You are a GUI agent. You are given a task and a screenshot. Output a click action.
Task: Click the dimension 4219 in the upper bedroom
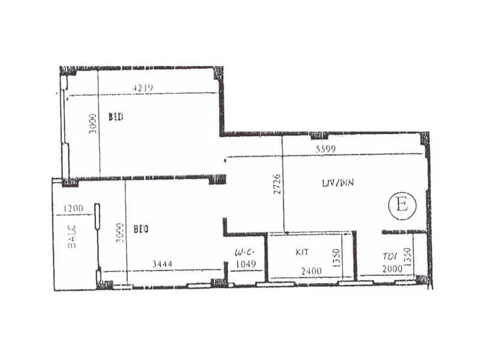click(143, 88)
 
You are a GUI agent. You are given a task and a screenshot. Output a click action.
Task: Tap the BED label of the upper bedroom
click(116, 117)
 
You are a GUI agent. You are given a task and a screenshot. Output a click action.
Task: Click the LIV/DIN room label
click(338, 182)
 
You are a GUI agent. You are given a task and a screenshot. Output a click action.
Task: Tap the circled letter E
click(402, 206)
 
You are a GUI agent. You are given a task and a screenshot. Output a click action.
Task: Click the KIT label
click(302, 253)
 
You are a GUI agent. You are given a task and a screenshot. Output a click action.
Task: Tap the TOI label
click(389, 256)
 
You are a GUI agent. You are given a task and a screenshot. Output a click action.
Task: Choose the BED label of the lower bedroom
click(141, 229)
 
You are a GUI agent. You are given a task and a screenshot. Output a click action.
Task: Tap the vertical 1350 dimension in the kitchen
click(337, 260)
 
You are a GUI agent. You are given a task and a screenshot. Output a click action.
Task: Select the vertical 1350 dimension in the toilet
click(407, 257)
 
